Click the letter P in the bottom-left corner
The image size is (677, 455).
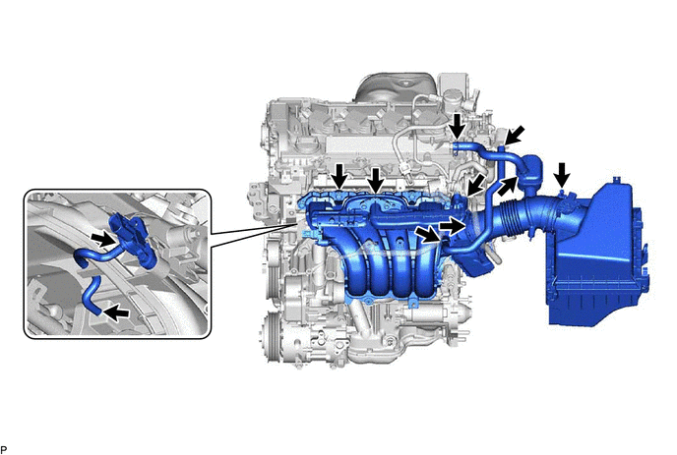4,449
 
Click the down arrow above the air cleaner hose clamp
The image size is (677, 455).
561,175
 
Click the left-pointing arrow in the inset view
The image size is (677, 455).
116,312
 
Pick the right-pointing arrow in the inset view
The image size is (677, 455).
103,238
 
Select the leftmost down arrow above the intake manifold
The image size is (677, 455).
340,176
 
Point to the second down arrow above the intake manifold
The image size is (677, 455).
376,180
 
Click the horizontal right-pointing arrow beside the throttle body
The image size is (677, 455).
452,225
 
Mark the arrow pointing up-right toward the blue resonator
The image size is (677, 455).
508,186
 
